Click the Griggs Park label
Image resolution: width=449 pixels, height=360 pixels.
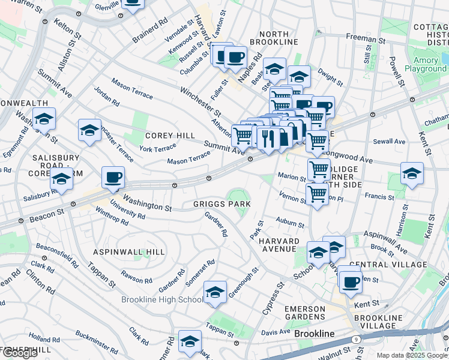(221, 204)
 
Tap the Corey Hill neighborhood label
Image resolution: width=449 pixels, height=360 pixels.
(170, 136)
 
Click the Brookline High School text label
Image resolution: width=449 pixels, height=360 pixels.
(162, 299)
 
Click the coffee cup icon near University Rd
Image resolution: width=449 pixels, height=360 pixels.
(113, 178)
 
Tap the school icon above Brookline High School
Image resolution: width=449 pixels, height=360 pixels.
(215, 292)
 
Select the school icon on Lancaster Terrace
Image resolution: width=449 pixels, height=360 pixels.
(89, 130)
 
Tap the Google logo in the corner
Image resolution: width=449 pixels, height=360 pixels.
(20, 353)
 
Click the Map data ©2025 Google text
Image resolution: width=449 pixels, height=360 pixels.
(412, 355)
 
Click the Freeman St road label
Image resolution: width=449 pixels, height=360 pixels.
(361, 37)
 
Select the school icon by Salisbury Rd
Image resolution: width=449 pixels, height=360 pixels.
(61, 179)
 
